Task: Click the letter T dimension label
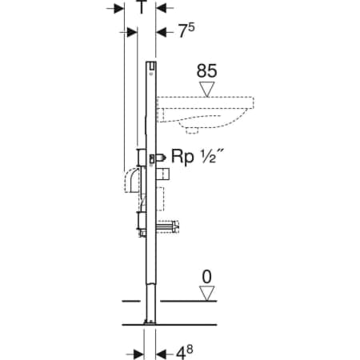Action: pyautogui.click(x=141, y=6)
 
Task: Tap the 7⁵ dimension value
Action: pyautogui.click(x=186, y=30)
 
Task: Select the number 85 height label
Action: pyautogui.click(x=206, y=71)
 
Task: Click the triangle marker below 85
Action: pyautogui.click(x=207, y=90)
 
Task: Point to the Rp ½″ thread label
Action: pyautogui.click(x=198, y=157)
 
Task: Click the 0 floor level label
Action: pyautogui.click(x=206, y=277)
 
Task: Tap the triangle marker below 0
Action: pyautogui.click(x=207, y=294)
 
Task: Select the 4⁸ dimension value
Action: pyautogui.click(x=184, y=352)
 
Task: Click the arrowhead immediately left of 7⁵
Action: pyautogui.click(x=161, y=33)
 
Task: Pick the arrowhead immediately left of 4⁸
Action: pyautogui.click(x=161, y=354)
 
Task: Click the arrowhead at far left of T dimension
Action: pyautogui.click(x=119, y=9)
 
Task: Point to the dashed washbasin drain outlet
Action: pyautogui.click(x=192, y=130)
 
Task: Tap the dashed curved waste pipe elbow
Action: pyautogui.click(x=131, y=180)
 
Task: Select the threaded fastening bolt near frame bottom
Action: pyautogui.click(x=167, y=227)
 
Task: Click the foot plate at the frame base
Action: pyautogui.click(x=150, y=322)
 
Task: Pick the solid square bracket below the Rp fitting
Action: pyautogui.click(x=162, y=174)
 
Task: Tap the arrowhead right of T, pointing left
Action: pyautogui.click(x=161, y=8)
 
